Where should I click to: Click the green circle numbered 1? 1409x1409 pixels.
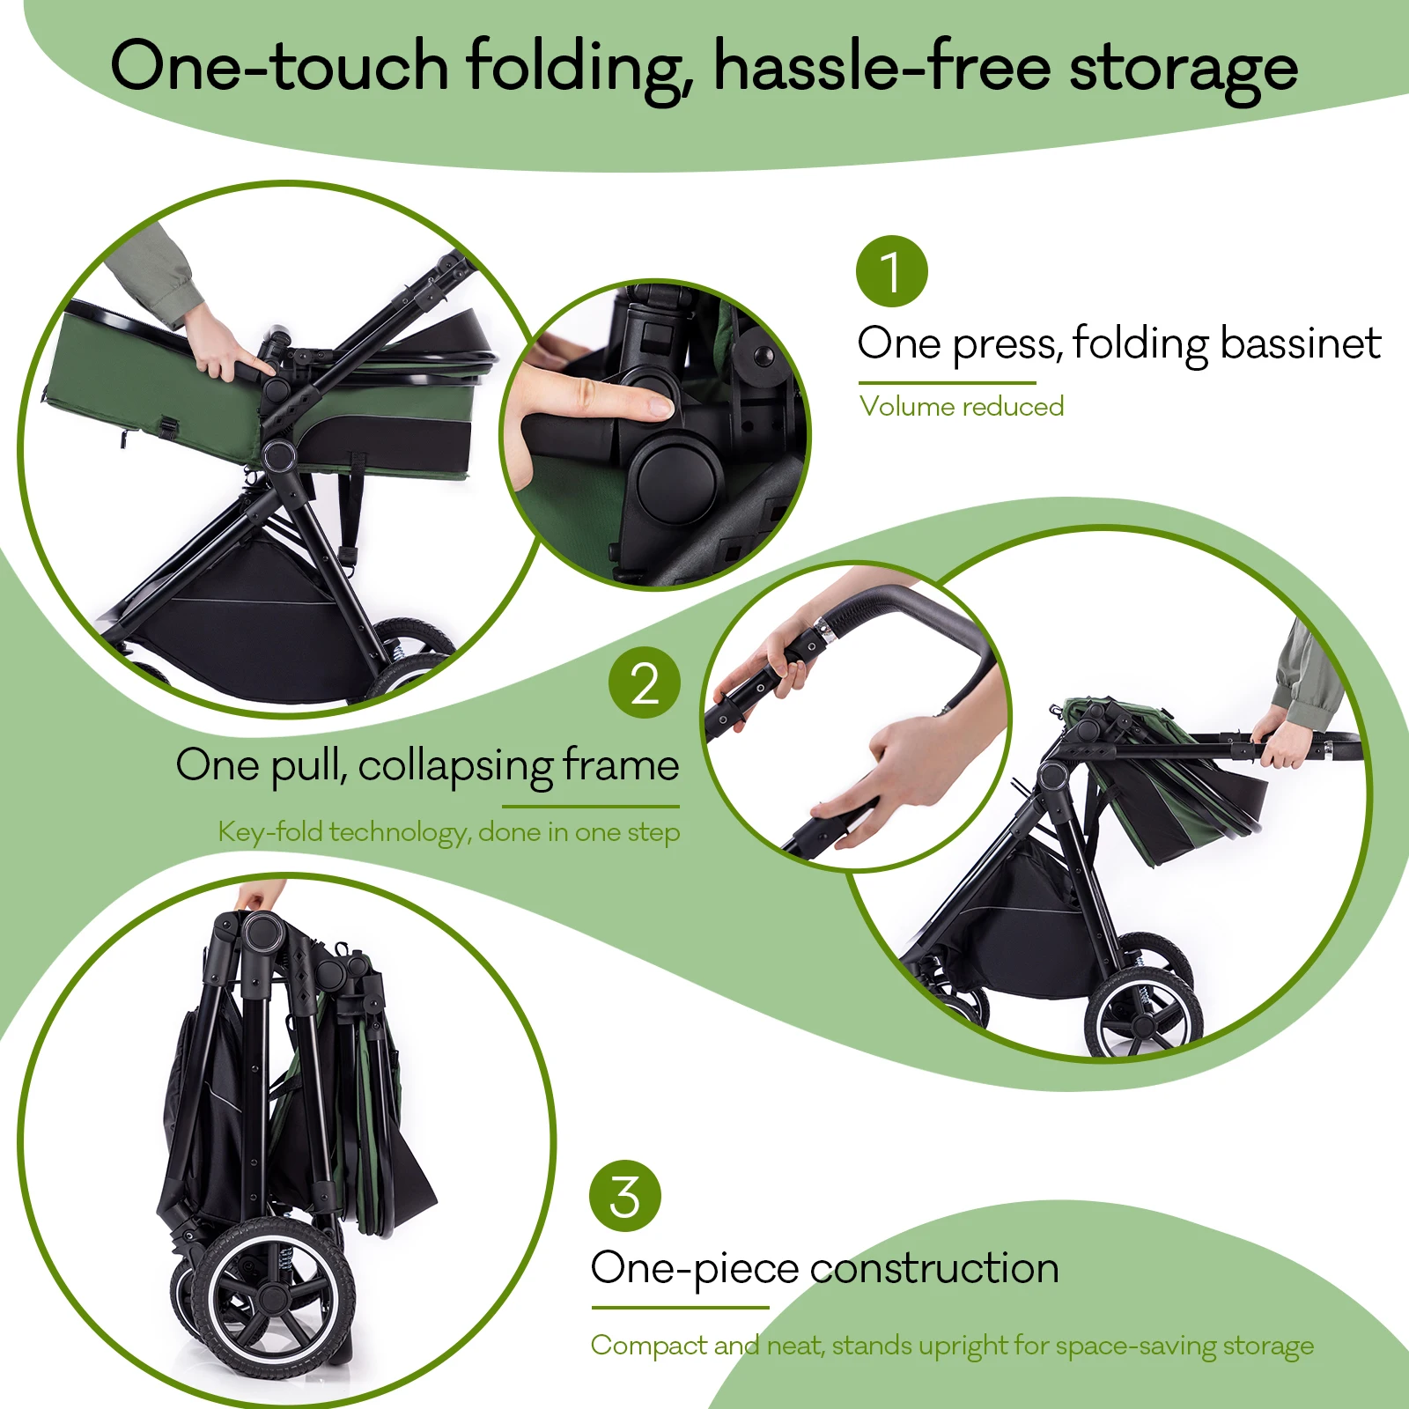891,271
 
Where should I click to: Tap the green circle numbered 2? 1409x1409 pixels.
644,682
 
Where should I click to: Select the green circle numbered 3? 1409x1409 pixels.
624,1196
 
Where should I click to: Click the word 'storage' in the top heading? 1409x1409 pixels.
1183,70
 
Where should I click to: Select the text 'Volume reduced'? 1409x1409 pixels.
962,406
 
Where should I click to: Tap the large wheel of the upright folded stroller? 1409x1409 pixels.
274,1295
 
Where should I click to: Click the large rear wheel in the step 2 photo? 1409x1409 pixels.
1143,1014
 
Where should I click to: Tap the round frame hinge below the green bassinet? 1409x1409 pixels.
279,456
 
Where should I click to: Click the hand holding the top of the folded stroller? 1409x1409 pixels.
259,896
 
